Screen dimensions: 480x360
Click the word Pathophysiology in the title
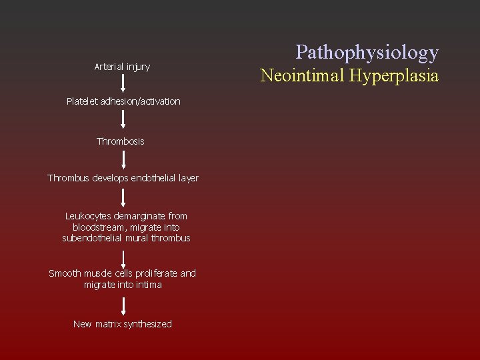click(367, 52)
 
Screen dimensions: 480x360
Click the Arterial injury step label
click(122, 67)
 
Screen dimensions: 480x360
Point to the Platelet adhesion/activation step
click(123, 101)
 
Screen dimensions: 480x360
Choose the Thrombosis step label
click(121, 141)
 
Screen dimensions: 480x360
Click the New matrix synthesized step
click(123, 324)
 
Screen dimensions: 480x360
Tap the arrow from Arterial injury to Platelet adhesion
click(123, 83)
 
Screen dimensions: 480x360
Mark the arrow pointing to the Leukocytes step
click(123, 197)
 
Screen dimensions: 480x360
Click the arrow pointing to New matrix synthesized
click(123, 305)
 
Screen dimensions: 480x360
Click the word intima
click(149, 285)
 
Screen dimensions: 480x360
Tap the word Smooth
click(65, 273)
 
